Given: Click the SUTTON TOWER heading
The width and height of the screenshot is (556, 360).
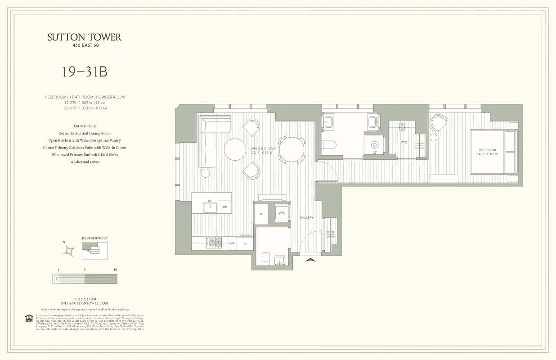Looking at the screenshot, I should (x=85, y=37).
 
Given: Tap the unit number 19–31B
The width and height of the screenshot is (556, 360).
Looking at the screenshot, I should (x=85, y=72).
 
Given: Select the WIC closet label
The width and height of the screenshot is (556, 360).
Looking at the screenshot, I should (x=404, y=142).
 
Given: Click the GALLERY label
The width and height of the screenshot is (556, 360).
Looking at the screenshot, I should (x=306, y=218).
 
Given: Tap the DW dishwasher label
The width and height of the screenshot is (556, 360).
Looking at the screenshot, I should (x=224, y=207).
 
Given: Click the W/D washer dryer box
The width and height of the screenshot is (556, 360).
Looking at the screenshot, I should (x=282, y=213).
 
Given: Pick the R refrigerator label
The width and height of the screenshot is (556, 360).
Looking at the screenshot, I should (x=261, y=214).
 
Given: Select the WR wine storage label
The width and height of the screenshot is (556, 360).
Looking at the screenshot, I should (x=232, y=243).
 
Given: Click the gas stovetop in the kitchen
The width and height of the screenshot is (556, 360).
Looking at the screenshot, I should (x=214, y=243).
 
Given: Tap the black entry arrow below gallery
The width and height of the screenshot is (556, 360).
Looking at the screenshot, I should (x=311, y=259).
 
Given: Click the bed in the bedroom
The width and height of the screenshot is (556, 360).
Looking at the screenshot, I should (x=493, y=152).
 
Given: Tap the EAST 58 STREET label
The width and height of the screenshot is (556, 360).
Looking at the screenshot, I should (x=94, y=238).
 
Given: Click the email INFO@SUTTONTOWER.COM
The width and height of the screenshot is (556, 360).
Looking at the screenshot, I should (x=85, y=303).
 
